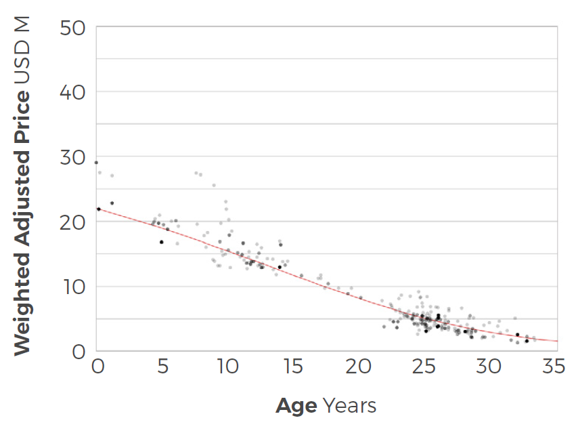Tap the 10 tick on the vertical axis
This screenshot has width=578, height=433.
coord(74,287)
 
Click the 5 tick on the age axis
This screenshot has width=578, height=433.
coord(162,367)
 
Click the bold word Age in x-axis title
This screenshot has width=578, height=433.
coord(296,406)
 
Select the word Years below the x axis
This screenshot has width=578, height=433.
coord(349,406)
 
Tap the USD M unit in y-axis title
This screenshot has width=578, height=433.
coord(22,47)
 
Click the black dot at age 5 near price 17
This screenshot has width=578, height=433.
coord(161,242)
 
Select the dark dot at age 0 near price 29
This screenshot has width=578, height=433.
coord(96,163)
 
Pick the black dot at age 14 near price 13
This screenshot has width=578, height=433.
coord(280,267)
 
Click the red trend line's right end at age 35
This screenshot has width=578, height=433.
coord(556,341)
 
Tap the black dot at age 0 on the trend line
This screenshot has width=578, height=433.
coord(99,209)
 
